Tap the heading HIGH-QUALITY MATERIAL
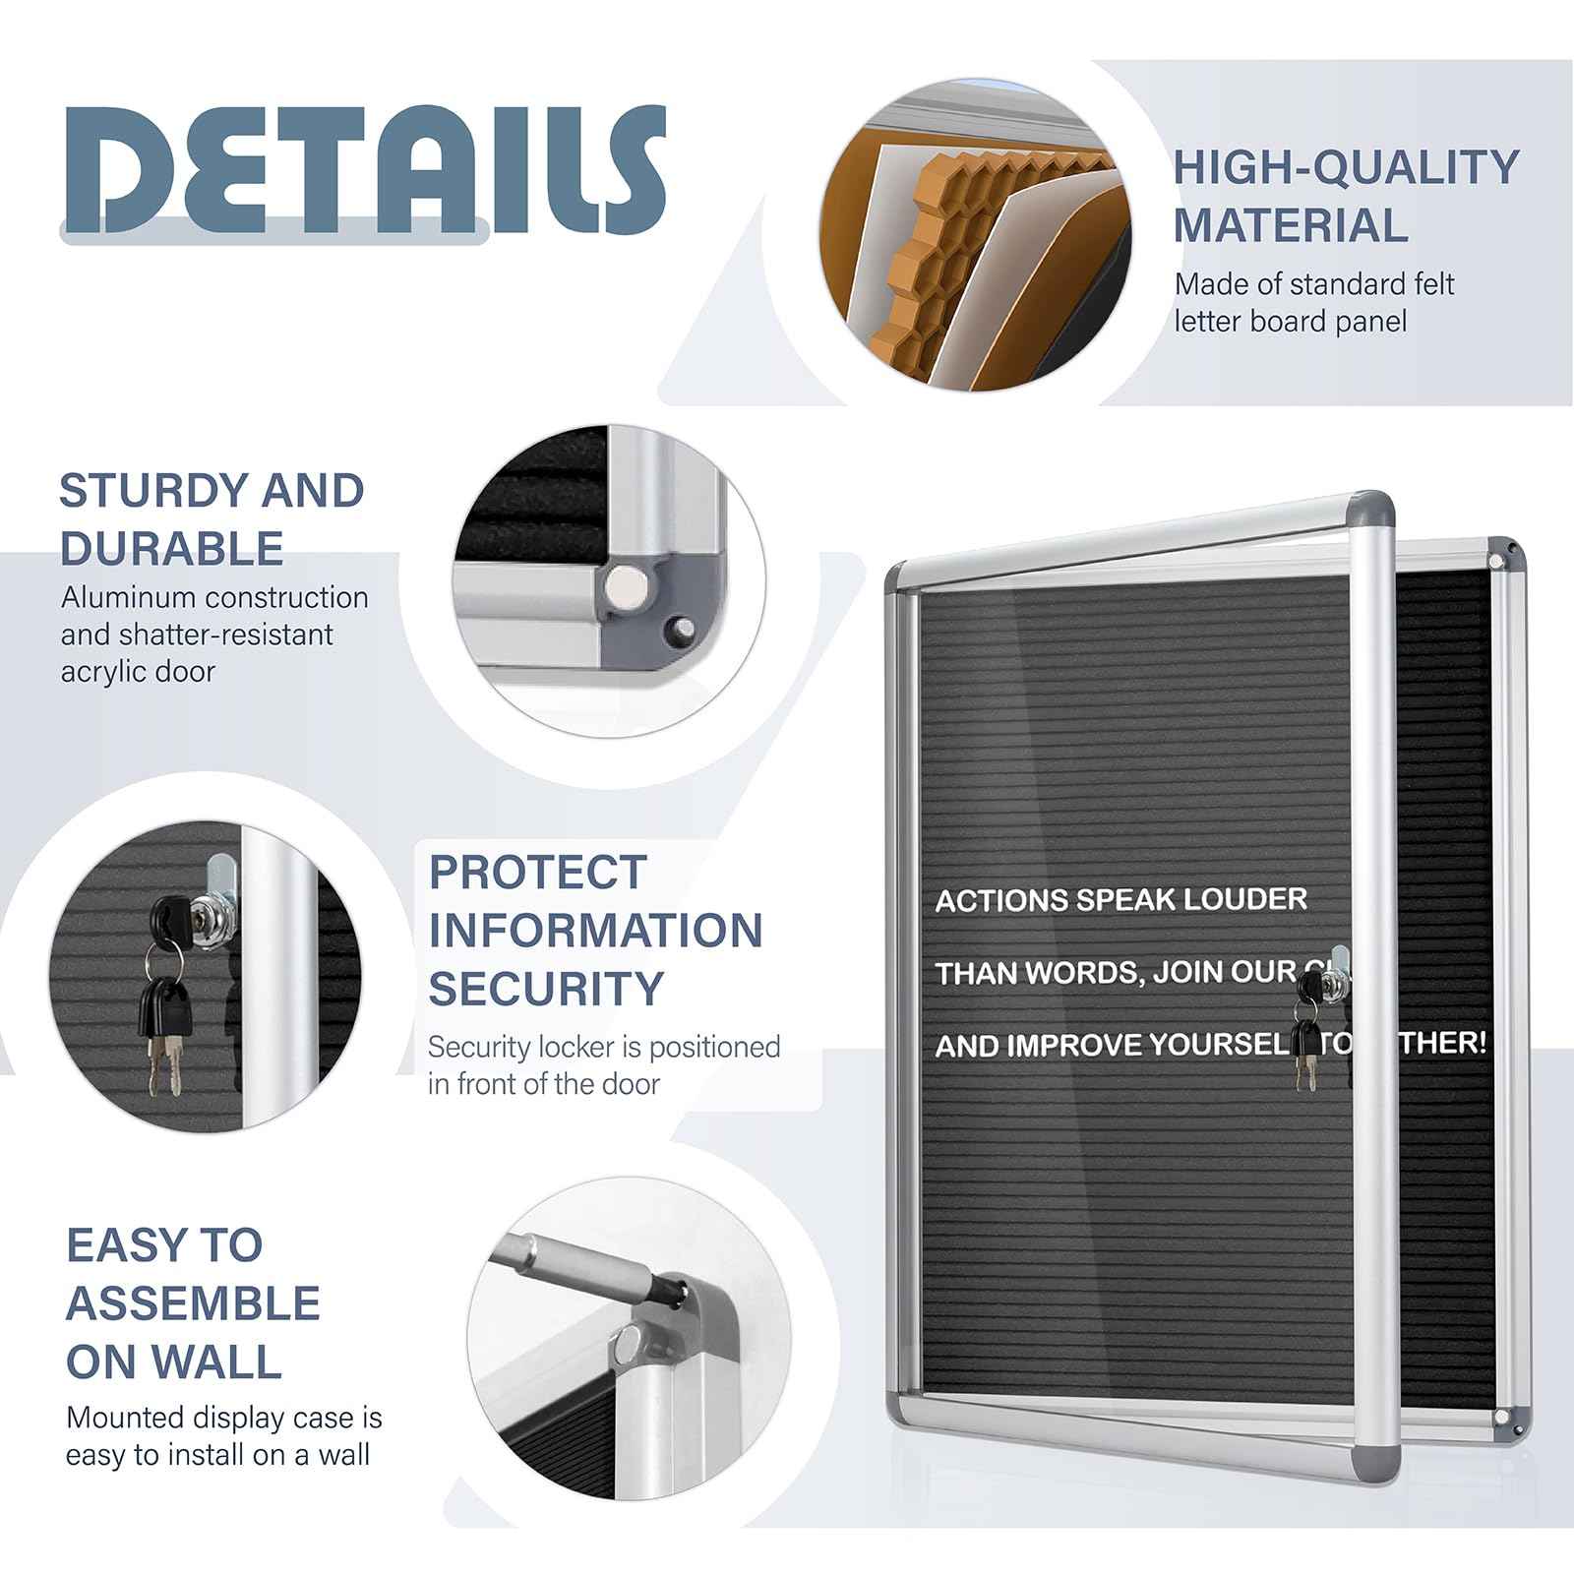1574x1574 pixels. (1346, 196)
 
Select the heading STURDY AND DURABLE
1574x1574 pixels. (212, 518)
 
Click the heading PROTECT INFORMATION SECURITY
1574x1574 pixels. (595, 930)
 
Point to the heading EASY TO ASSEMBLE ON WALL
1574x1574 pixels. (193, 1302)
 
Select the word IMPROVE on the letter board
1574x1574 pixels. (1076, 1046)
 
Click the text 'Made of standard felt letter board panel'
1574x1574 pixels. (1313, 302)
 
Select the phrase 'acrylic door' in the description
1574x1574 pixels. (138, 672)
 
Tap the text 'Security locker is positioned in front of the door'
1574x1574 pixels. (603, 1064)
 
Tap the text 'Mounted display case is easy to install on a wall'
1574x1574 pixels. (223, 1436)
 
